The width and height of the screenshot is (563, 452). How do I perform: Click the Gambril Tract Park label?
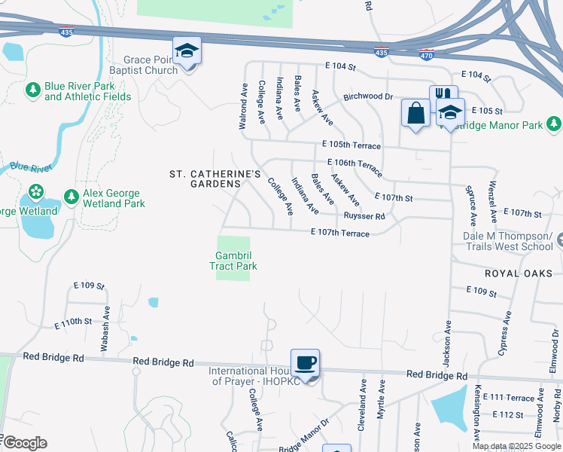(x=233, y=261)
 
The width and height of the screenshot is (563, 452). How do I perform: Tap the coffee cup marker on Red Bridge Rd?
(x=306, y=363)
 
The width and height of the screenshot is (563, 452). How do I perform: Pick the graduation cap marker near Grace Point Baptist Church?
(x=187, y=51)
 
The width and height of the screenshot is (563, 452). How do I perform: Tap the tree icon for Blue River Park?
(x=32, y=91)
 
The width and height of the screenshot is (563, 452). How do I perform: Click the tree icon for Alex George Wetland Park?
(x=72, y=197)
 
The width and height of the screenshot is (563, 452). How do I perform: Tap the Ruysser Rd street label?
(x=364, y=216)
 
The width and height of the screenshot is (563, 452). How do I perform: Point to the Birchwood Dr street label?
(x=369, y=97)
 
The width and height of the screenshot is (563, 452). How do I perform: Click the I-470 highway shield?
(x=427, y=53)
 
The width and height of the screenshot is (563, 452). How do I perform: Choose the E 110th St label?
(x=73, y=322)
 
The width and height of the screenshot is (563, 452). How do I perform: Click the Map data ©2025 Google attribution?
(x=516, y=446)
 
